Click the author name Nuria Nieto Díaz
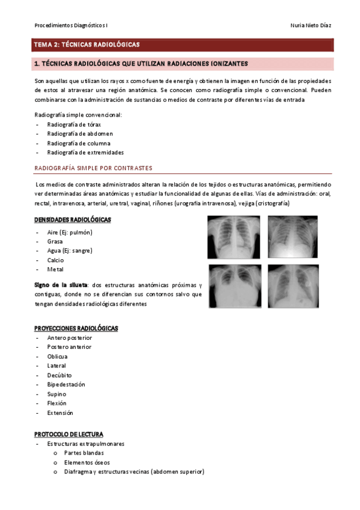(x=310, y=26)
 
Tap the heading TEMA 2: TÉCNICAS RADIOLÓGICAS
(x=87, y=45)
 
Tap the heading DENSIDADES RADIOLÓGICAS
(x=72, y=220)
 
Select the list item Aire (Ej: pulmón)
(x=70, y=232)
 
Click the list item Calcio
(x=56, y=260)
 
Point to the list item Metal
(x=55, y=269)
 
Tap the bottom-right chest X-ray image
(x=293, y=287)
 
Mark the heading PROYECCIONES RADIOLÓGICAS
(x=76, y=328)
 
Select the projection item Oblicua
(x=57, y=356)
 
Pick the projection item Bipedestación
(x=66, y=384)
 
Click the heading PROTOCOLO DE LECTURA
(x=69, y=434)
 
